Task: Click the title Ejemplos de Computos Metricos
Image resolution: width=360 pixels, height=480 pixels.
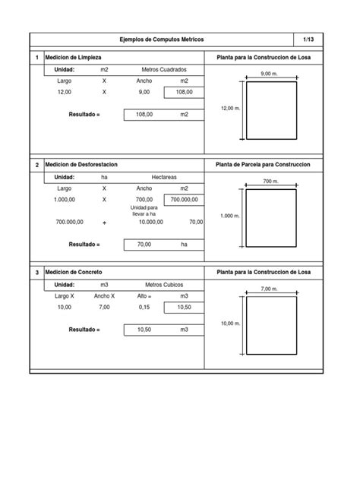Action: tap(162, 39)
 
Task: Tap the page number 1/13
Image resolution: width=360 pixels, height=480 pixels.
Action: tap(307, 39)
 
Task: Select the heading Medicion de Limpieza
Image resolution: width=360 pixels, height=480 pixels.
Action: tap(74, 58)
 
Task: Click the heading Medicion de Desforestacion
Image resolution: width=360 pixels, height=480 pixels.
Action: tap(81, 164)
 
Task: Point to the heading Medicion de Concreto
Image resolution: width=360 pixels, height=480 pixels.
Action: tap(74, 271)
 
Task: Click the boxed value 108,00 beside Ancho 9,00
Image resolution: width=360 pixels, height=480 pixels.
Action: tap(184, 92)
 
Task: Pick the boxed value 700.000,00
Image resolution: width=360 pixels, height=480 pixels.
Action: tap(184, 199)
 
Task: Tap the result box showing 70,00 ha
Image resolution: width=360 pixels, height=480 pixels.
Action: tap(144, 245)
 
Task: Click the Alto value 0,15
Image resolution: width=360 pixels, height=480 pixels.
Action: tap(144, 307)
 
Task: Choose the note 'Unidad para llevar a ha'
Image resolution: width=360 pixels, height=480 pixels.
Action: tap(144, 210)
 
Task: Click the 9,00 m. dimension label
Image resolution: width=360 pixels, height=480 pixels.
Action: tap(269, 74)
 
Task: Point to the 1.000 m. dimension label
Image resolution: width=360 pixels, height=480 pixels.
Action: tap(229, 216)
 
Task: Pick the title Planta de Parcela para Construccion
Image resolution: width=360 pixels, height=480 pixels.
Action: tap(269, 164)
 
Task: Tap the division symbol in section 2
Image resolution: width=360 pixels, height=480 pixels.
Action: tap(105, 222)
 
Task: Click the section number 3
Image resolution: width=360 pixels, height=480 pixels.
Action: tap(36, 271)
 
